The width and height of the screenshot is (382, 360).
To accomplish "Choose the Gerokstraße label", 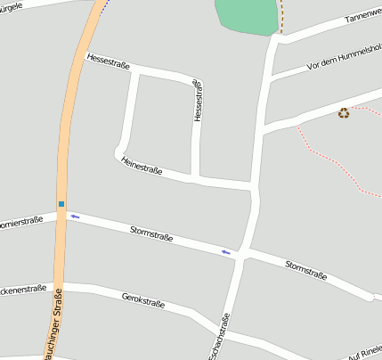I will (143, 299).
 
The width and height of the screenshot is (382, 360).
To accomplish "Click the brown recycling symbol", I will (344, 113).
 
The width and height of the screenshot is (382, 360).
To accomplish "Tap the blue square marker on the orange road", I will (61, 204).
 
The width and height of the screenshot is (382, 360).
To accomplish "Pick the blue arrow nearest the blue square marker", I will (75, 216).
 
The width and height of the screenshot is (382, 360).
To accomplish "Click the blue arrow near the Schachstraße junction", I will (226, 252).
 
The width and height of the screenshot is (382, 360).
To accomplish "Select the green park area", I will (247, 14).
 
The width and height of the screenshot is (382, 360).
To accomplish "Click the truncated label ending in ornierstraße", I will (20, 221).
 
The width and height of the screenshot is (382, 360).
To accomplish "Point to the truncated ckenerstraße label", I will (22, 290).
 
